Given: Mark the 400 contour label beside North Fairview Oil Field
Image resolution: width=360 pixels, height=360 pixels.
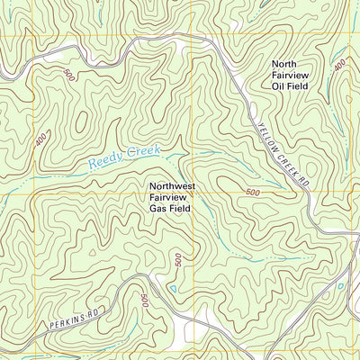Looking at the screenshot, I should click(339, 67).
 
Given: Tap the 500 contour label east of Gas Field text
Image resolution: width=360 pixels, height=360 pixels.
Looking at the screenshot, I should click(251, 193).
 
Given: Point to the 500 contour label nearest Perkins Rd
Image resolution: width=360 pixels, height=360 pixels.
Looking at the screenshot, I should click(143, 301).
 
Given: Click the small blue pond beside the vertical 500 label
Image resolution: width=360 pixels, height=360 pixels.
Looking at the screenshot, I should click(168, 290).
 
